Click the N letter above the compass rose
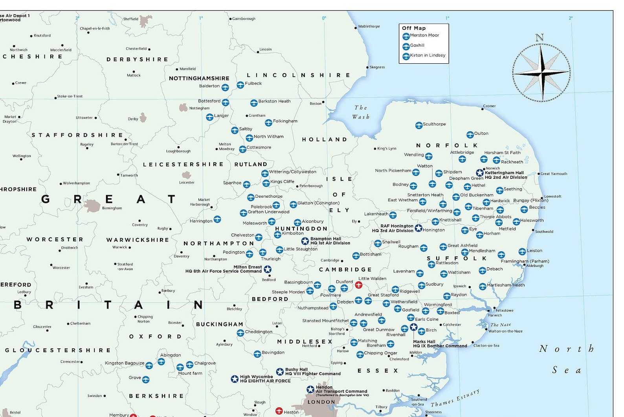pyautogui.click(x=540, y=38)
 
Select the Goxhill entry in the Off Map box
pyautogui.click(x=417, y=46)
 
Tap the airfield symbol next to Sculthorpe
pyautogui.click(x=419, y=125)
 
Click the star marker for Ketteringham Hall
pyautogui.click(x=480, y=173)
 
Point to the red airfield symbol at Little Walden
pyautogui.click(x=358, y=285)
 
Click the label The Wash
pyautogui.click(x=360, y=112)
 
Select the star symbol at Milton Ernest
pyautogui.click(x=267, y=269)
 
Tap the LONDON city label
pyautogui.click(x=321, y=402)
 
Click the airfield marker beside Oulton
pyautogui.click(x=470, y=135)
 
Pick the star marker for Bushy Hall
pyautogui.click(x=280, y=372)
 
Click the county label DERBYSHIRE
pyautogui.click(x=137, y=59)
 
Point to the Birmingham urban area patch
pyautogui.click(x=92, y=206)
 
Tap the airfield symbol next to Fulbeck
pyautogui.click(x=240, y=85)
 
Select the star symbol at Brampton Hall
pyautogui.click(x=305, y=241)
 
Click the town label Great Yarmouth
pyautogui.click(x=554, y=174)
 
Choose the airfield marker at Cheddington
pyautogui.click(x=240, y=333)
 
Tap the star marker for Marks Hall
pyautogui.click(x=413, y=327)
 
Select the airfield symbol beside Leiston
pyautogui.click(x=522, y=252)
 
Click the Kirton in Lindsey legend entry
pyautogui.click(x=427, y=56)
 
